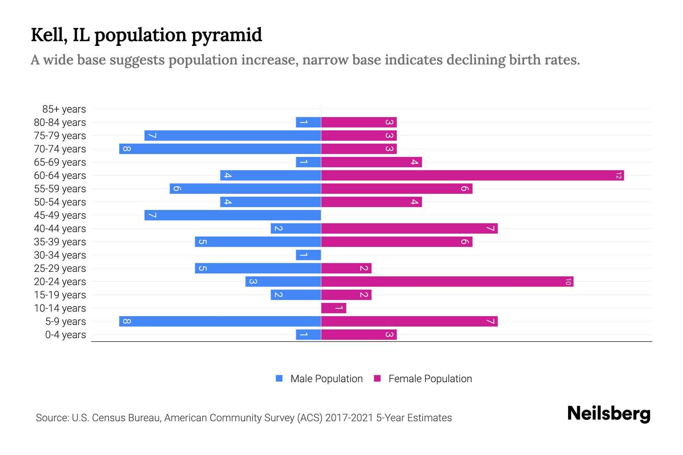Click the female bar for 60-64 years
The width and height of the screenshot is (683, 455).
click(x=472, y=176)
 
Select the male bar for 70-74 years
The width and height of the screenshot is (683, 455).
click(x=220, y=149)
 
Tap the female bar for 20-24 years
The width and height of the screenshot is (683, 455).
click(x=447, y=282)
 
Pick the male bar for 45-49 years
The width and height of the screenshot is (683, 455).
click(x=233, y=215)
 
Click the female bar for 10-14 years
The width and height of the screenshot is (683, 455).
click(x=334, y=308)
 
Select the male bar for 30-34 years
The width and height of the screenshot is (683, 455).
click(x=308, y=255)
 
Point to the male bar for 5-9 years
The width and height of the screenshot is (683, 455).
click(x=220, y=322)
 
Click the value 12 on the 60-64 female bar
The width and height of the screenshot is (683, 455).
click(x=618, y=176)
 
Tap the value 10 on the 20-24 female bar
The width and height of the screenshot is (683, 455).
click(x=568, y=282)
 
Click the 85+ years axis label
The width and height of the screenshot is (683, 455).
click(x=64, y=109)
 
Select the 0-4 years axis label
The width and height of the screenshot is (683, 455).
click(x=65, y=335)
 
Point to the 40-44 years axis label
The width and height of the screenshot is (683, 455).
click(x=60, y=229)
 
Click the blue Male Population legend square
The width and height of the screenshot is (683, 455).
click(x=279, y=378)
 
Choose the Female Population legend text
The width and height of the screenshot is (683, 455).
click(x=430, y=379)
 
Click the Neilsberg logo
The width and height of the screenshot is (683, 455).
click(x=609, y=414)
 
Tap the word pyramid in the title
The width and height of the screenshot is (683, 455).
click(x=227, y=35)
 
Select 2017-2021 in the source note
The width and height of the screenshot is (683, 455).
click(x=349, y=418)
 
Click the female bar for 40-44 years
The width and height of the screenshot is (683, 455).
click(x=409, y=229)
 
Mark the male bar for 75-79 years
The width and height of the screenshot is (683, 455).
click(x=233, y=136)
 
